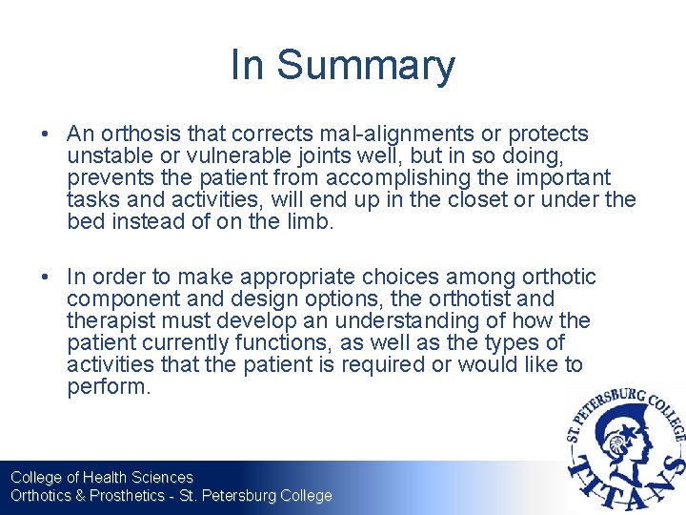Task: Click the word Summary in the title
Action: coord(367,67)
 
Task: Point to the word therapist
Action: coord(111,321)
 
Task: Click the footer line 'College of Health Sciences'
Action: coord(102,477)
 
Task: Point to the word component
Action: coord(118,299)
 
